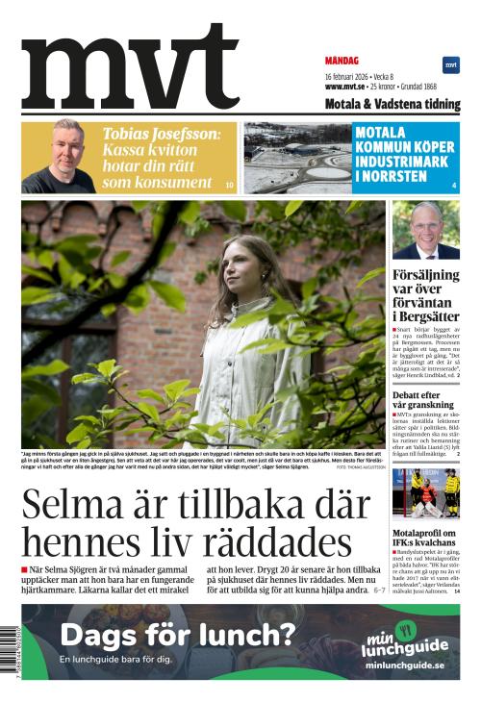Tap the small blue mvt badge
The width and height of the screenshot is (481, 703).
click(x=450, y=64)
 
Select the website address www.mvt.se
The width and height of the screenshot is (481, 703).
click(x=347, y=87)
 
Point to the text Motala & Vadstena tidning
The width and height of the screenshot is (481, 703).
click(x=392, y=104)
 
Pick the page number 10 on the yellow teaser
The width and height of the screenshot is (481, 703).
click(x=229, y=184)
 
